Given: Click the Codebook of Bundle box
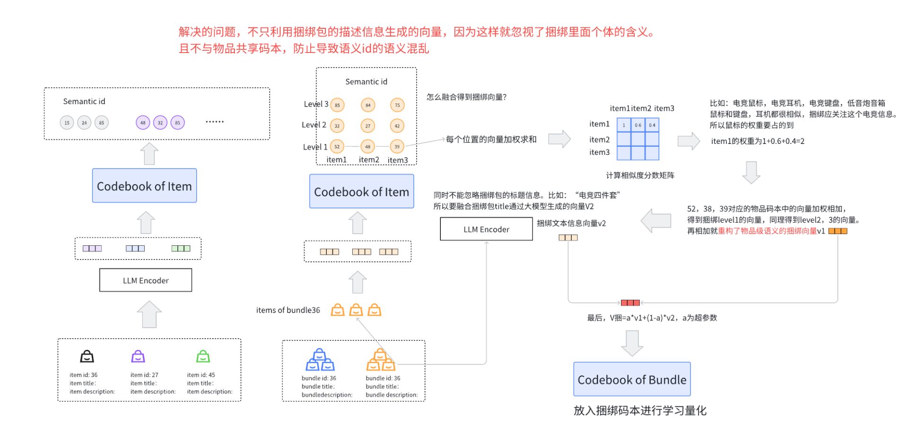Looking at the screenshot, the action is pos(632,379).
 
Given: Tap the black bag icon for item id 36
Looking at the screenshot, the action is pos(87,356).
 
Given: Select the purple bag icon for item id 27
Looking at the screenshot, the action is pos(138,356).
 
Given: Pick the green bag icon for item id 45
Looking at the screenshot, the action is pos(203,356).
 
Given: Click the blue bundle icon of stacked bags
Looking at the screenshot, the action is pos(320,360).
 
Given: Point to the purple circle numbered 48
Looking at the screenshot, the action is pos(143,123).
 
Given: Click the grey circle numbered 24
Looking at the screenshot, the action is pos(84,123).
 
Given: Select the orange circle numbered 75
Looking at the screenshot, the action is pos(397,105).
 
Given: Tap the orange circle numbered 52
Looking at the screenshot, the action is pos(337,147).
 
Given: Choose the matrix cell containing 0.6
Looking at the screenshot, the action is pos(638,125).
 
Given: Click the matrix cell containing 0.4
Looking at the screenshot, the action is pos(652,125).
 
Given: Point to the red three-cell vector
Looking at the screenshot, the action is pos(630,303).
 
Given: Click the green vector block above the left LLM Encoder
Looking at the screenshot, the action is pos(181,248).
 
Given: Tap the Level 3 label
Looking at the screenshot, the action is pos(316,104).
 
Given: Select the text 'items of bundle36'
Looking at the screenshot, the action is pos(288,310).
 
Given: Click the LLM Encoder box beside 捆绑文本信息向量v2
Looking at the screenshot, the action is pos(486,229).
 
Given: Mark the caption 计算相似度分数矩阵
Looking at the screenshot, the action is pos(640,175).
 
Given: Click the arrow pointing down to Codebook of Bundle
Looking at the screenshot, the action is pos(632,343).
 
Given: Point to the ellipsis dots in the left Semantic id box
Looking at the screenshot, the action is pos(215,122).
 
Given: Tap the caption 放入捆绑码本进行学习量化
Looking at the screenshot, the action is pos(640,411).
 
